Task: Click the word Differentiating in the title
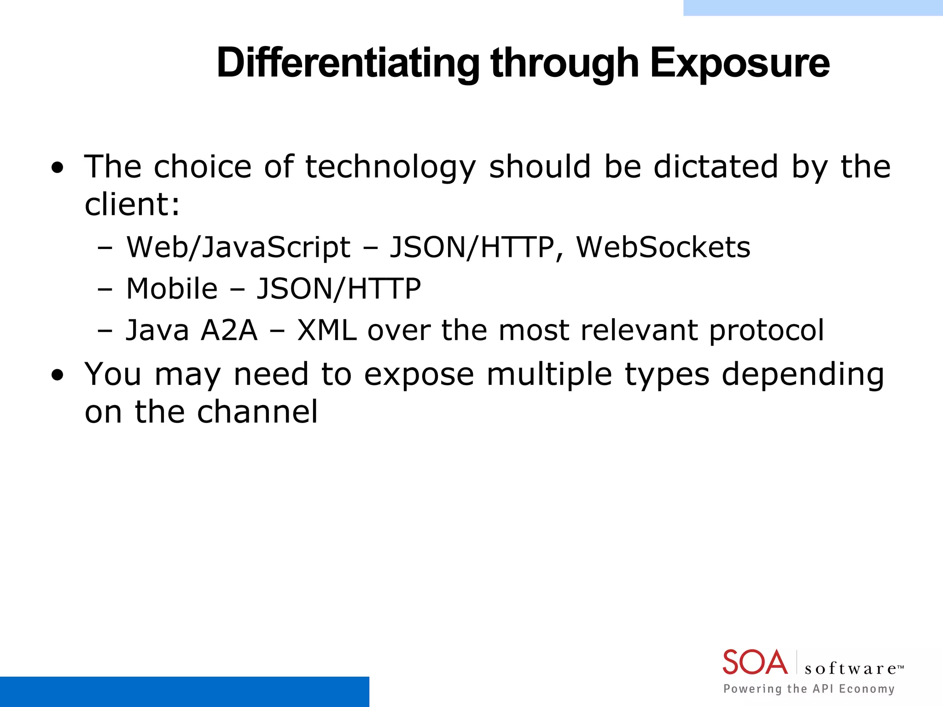click(x=348, y=63)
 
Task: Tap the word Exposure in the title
click(x=739, y=63)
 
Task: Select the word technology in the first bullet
click(x=390, y=167)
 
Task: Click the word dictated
click(x=716, y=167)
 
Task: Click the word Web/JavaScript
click(x=238, y=248)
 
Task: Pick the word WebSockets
click(x=663, y=248)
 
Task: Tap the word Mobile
click(x=172, y=289)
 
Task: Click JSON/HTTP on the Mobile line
click(x=338, y=289)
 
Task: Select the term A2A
click(x=229, y=330)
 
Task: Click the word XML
click(x=327, y=330)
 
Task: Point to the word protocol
click(x=766, y=330)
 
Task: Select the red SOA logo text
click(x=755, y=662)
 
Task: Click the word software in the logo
click(x=850, y=668)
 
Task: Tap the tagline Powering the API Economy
click(x=809, y=689)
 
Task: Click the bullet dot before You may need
click(x=58, y=376)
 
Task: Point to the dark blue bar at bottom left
click(x=184, y=691)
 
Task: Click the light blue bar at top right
click(x=813, y=7)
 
